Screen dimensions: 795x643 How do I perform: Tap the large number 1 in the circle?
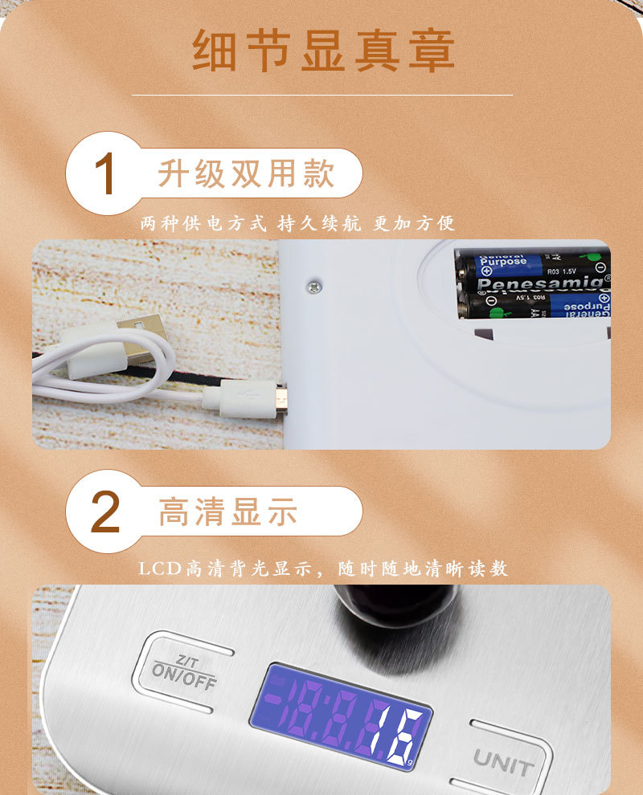(105, 174)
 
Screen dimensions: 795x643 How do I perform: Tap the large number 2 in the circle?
(105, 512)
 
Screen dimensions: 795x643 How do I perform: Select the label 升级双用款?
(245, 173)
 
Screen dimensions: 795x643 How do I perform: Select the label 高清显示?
(228, 512)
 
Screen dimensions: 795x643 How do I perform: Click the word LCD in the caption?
(161, 569)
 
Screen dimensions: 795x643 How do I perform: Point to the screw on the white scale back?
(314, 284)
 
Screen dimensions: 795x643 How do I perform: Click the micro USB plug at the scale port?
(281, 397)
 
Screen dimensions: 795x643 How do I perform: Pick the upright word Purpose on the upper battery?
(502, 262)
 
